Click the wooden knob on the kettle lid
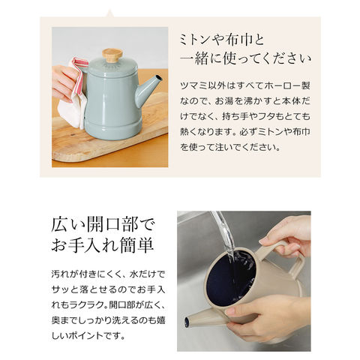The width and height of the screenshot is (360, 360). tap(112, 55)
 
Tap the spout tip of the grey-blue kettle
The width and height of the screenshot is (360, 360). tap(159, 77)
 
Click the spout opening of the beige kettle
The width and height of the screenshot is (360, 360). tap(187, 321)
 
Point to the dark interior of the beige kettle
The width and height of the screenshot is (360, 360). tap(230, 277)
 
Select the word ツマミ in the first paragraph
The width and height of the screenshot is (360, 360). tap(193, 86)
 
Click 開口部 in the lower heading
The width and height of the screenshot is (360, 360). tap(112, 225)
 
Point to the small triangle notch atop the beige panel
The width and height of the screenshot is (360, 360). tap(109, 13)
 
